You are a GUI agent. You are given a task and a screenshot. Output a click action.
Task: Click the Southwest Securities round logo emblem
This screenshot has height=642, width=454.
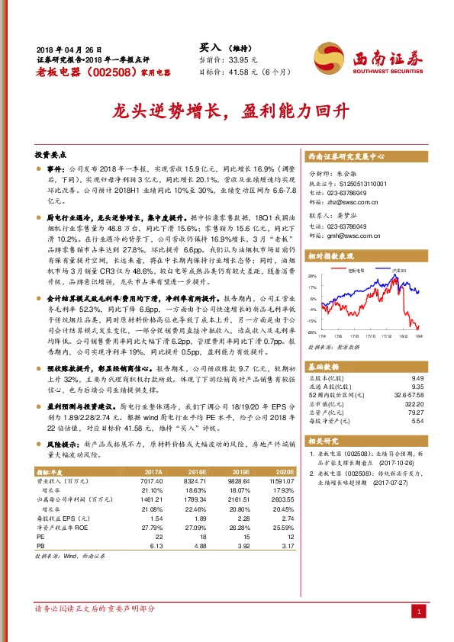pos(328,55)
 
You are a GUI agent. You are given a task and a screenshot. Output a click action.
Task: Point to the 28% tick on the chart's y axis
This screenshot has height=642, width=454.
pos(311,276)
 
